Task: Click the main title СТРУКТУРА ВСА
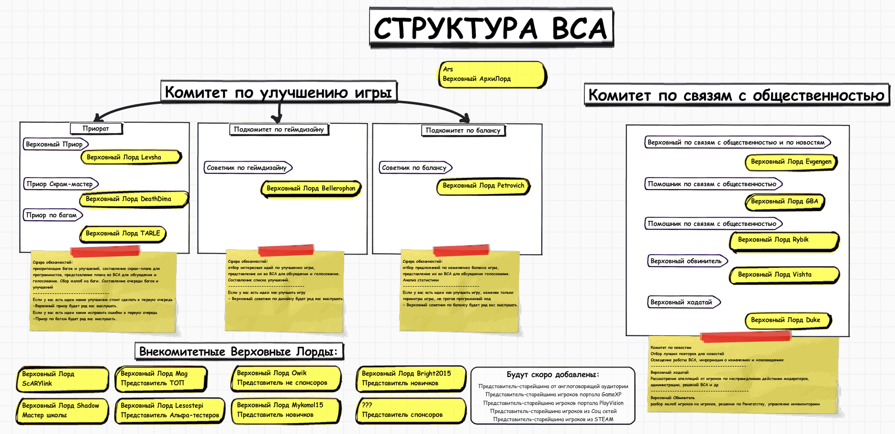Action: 491,28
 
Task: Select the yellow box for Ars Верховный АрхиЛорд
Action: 492,74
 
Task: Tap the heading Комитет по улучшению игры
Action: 279,92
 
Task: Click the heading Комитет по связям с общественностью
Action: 736,95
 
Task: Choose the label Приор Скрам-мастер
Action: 60,184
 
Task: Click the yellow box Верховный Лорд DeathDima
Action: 134,199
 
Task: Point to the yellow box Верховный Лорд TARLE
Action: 123,234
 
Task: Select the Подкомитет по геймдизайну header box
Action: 279,129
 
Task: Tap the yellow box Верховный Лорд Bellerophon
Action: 311,188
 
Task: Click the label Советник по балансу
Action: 414,167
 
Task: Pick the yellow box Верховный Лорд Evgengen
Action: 791,162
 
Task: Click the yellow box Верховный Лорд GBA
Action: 784,201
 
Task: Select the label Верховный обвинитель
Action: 686,261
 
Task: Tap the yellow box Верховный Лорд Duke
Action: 787,320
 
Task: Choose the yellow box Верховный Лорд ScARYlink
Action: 62,378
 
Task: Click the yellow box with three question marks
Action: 410,410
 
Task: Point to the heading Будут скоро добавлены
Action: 553,375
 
